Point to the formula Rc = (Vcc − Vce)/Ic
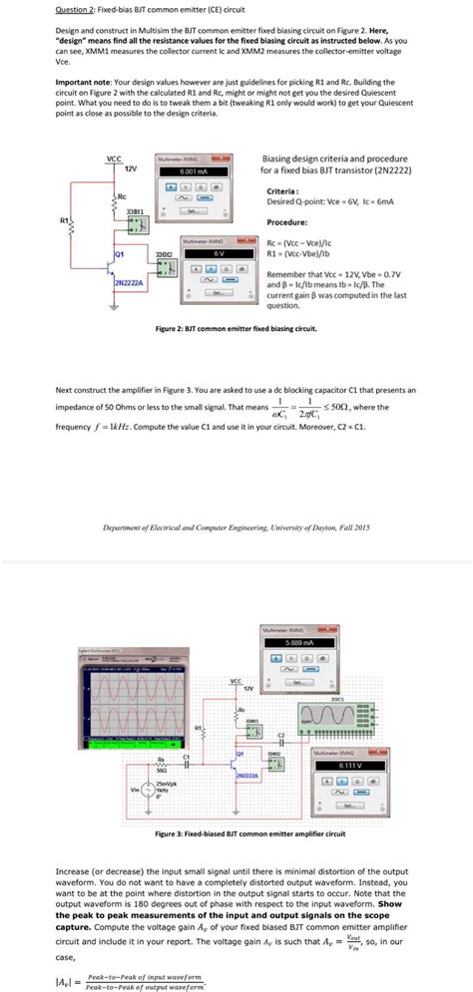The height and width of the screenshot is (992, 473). [x=308, y=243]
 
